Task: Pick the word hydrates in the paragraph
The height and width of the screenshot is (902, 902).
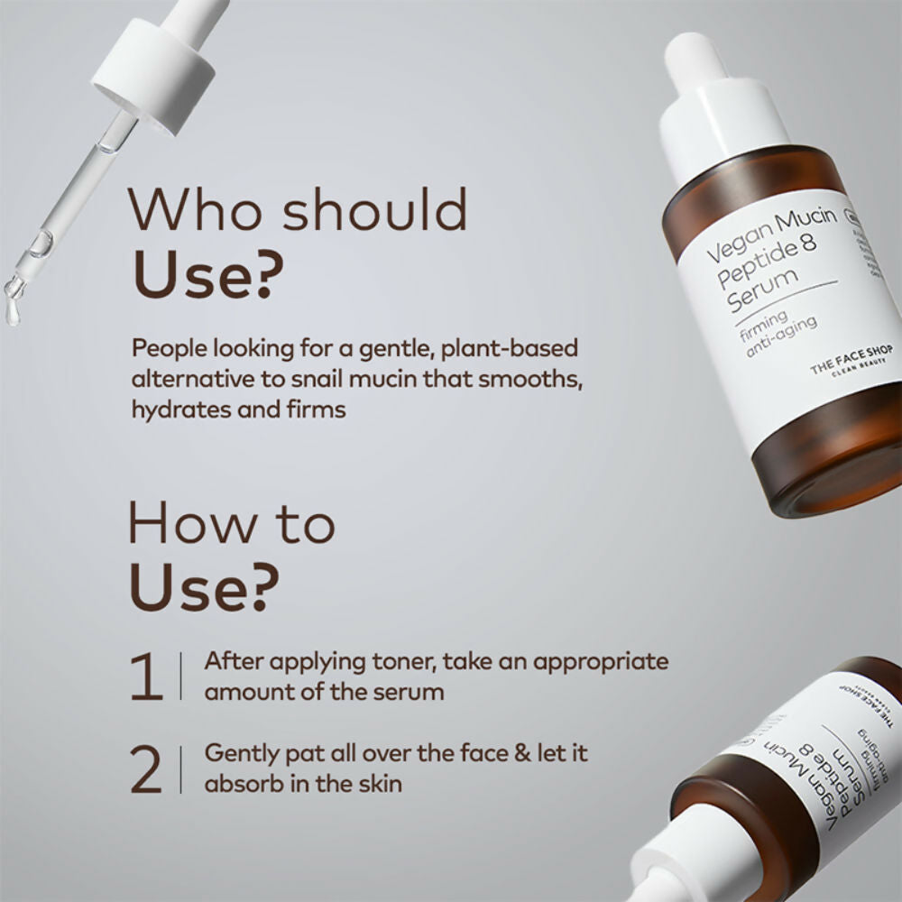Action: tap(173, 410)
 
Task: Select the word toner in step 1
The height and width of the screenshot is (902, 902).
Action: tap(405, 661)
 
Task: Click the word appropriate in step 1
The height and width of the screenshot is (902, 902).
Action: tap(600, 661)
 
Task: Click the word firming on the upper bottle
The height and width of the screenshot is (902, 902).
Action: tap(759, 325)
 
